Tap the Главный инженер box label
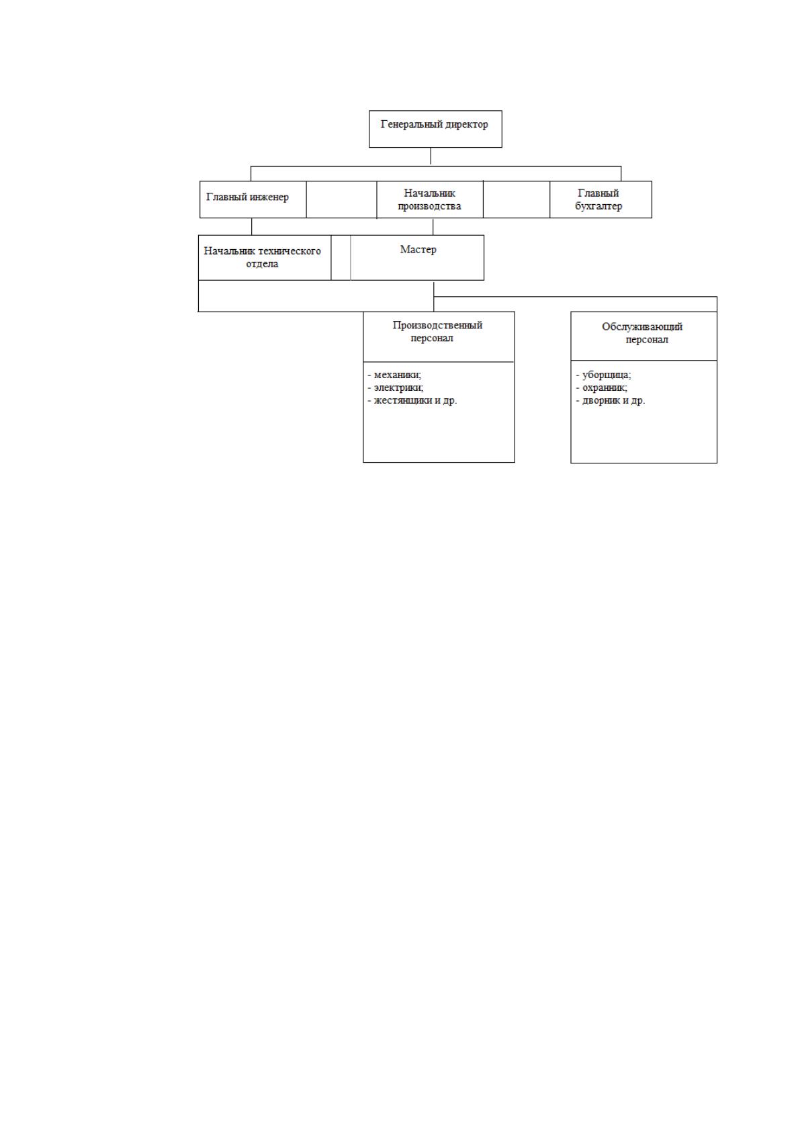coord(247,197)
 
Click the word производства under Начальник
coord(429,206)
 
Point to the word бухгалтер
coord(598,206)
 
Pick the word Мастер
coord(418,249)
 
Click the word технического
coord(290,251)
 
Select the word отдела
coord(262,263)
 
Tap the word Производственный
coord(437,325)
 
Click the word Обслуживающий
coord(642,326)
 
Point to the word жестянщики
coord(402,400)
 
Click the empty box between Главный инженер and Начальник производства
coord(341,199)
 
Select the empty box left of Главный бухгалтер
coord(516,199)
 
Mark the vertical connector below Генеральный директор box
coord(431,156)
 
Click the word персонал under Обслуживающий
coord(647,340)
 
